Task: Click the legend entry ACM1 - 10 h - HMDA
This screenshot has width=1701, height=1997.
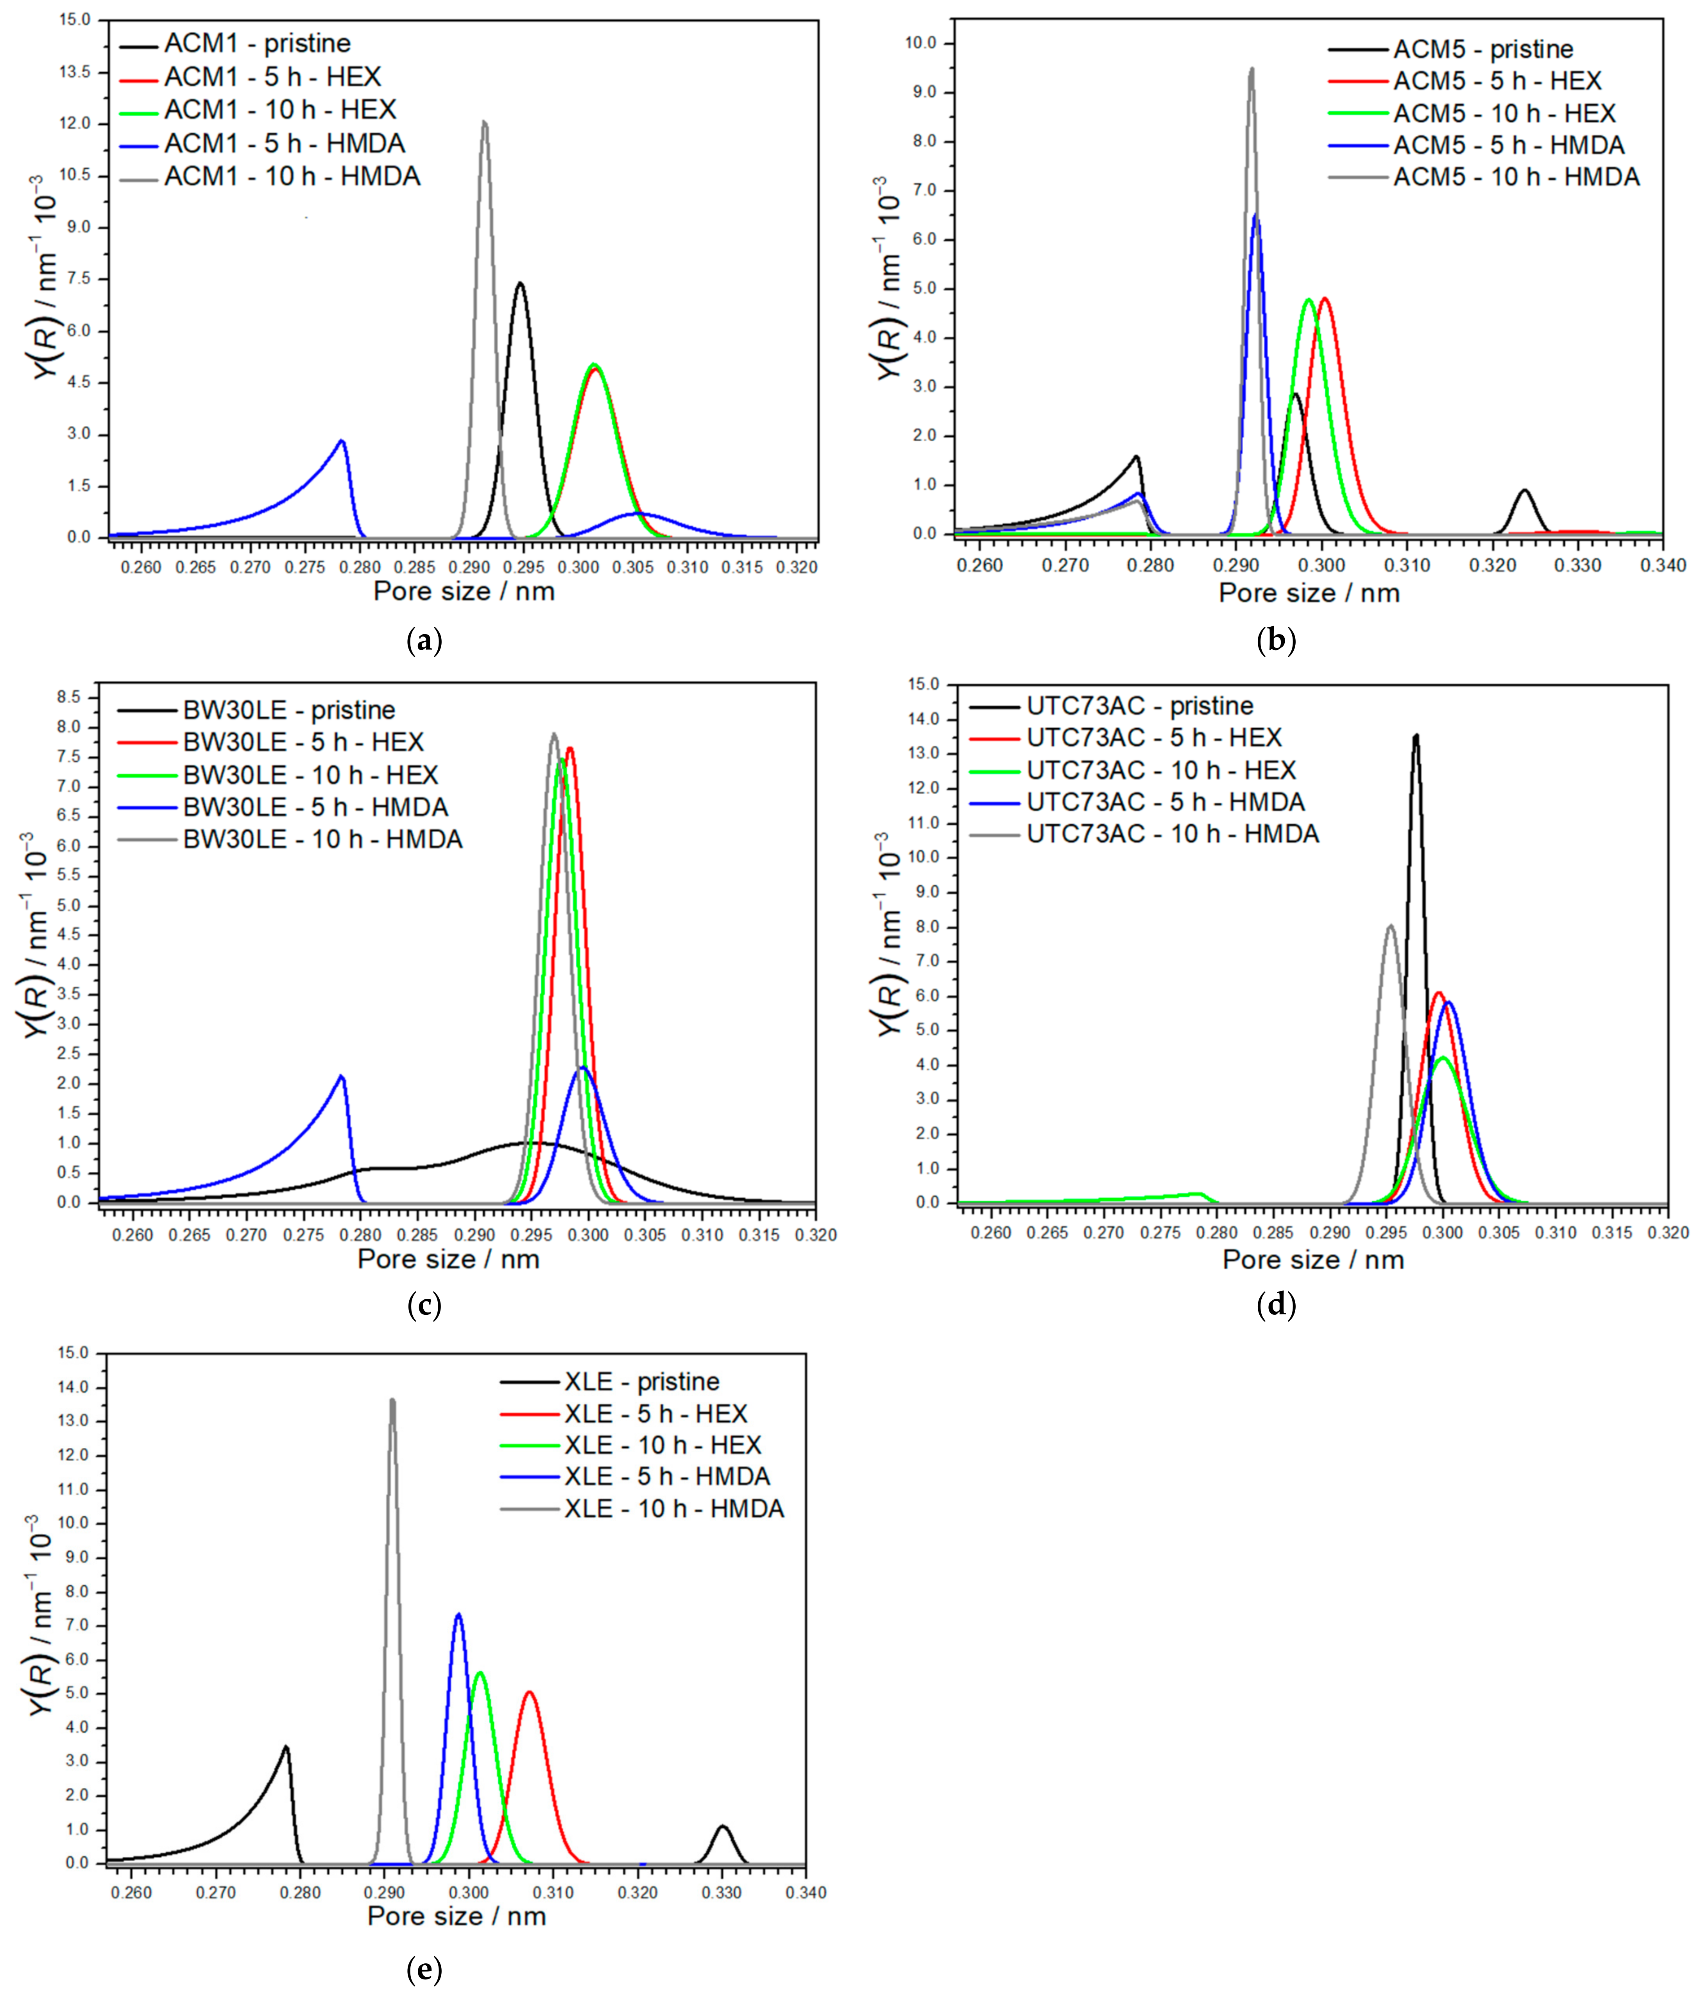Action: tap(291, 176)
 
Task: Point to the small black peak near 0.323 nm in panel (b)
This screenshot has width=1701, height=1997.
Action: tap(1524, 491)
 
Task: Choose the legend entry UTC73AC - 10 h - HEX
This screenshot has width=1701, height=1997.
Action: tap(1160, 770)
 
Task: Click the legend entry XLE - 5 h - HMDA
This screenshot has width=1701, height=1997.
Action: tap(667, 1477)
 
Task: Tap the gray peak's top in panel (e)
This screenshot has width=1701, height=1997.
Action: tap(392, 1400)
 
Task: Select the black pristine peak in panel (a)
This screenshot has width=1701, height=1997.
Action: tap(520, 283)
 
